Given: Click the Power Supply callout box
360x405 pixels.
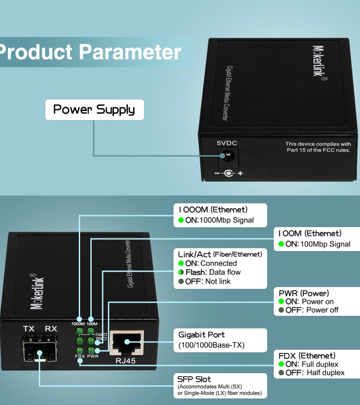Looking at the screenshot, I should [94, 110].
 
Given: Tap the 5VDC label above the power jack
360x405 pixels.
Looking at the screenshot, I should [227, 143].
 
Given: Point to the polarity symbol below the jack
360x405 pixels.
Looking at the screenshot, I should [228, 173].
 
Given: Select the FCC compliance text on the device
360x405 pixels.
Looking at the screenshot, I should [318, 147].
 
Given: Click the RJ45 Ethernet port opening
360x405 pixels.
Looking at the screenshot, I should [127, 343].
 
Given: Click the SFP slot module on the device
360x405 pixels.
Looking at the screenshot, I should [40, 349].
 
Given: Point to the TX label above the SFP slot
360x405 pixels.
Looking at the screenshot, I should [29, 329].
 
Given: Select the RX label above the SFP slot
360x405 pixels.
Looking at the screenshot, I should [51, 329].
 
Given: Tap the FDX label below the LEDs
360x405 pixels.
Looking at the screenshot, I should [80, 357].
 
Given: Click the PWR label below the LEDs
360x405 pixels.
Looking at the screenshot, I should [93, 357].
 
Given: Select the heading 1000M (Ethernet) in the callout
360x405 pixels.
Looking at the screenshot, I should [213, 209].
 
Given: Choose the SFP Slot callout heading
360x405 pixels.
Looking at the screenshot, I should [194, 379].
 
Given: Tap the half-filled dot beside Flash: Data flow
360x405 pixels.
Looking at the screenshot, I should [181, 272].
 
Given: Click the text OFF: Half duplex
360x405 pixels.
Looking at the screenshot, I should [315, 373].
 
